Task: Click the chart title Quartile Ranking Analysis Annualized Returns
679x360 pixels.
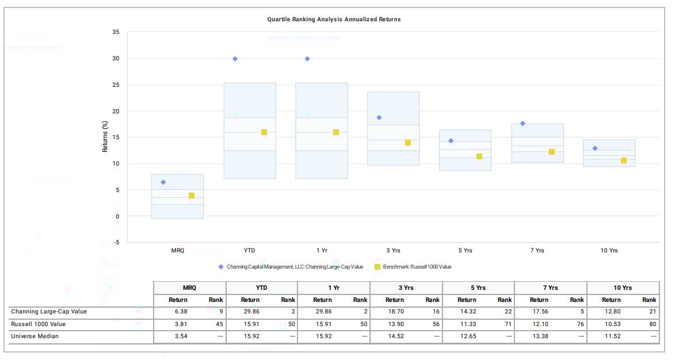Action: click(334, 19)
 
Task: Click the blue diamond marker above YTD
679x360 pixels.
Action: click(235, 59)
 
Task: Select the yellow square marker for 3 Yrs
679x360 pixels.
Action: click(408, 143)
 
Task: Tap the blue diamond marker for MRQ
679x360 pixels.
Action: click(163, 182)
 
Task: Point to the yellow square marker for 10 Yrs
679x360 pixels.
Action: click(624, 160)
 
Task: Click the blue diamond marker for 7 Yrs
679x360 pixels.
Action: click(522, 124)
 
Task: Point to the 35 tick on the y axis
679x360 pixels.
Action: click(116, 32)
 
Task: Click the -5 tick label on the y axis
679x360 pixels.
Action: click(116, 242)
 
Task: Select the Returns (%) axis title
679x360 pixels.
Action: click(105, 137)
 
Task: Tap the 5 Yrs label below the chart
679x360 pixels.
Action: click(465, 251)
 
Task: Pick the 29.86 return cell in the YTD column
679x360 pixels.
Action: click(250, 312)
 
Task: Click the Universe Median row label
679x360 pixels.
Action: click(35, 336)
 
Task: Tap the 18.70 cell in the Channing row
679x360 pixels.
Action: click(394, 312)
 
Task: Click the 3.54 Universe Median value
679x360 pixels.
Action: click(178, 336)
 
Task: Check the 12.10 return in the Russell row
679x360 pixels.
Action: click(539, 324)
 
